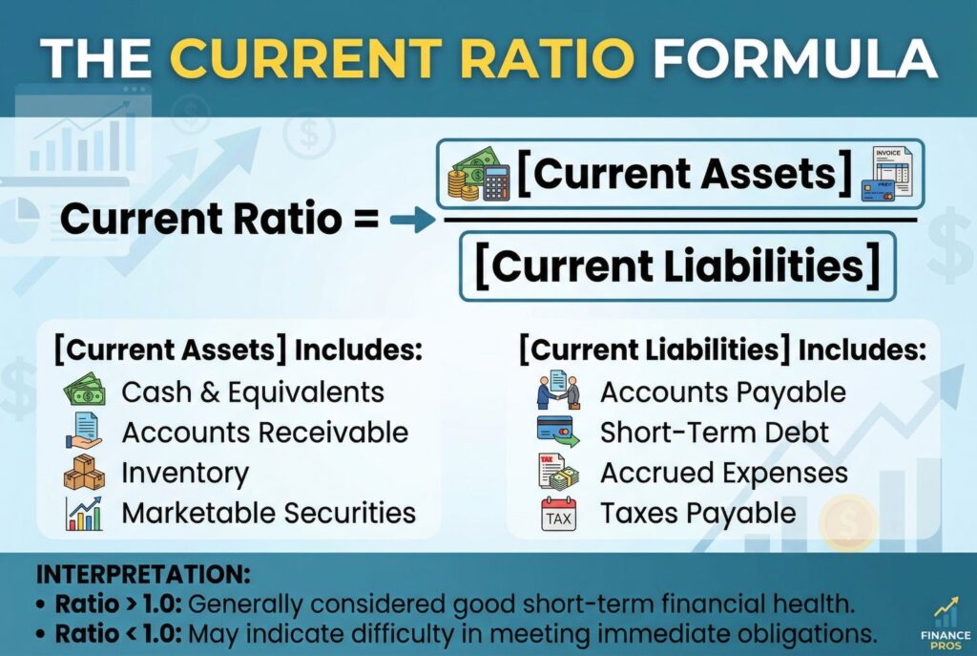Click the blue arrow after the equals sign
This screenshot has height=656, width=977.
412,220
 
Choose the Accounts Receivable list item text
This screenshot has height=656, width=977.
265,433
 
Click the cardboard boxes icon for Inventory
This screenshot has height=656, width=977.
84,472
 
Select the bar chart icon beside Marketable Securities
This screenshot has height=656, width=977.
84,513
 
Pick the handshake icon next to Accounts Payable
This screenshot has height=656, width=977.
558,390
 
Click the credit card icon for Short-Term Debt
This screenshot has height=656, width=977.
557,432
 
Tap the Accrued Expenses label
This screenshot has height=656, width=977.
724,474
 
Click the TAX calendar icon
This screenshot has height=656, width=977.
559,514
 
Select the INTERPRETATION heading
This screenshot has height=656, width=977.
143,574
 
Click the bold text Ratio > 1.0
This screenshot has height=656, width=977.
118,603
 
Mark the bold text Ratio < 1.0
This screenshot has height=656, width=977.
118,633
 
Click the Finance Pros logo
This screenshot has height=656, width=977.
946,623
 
